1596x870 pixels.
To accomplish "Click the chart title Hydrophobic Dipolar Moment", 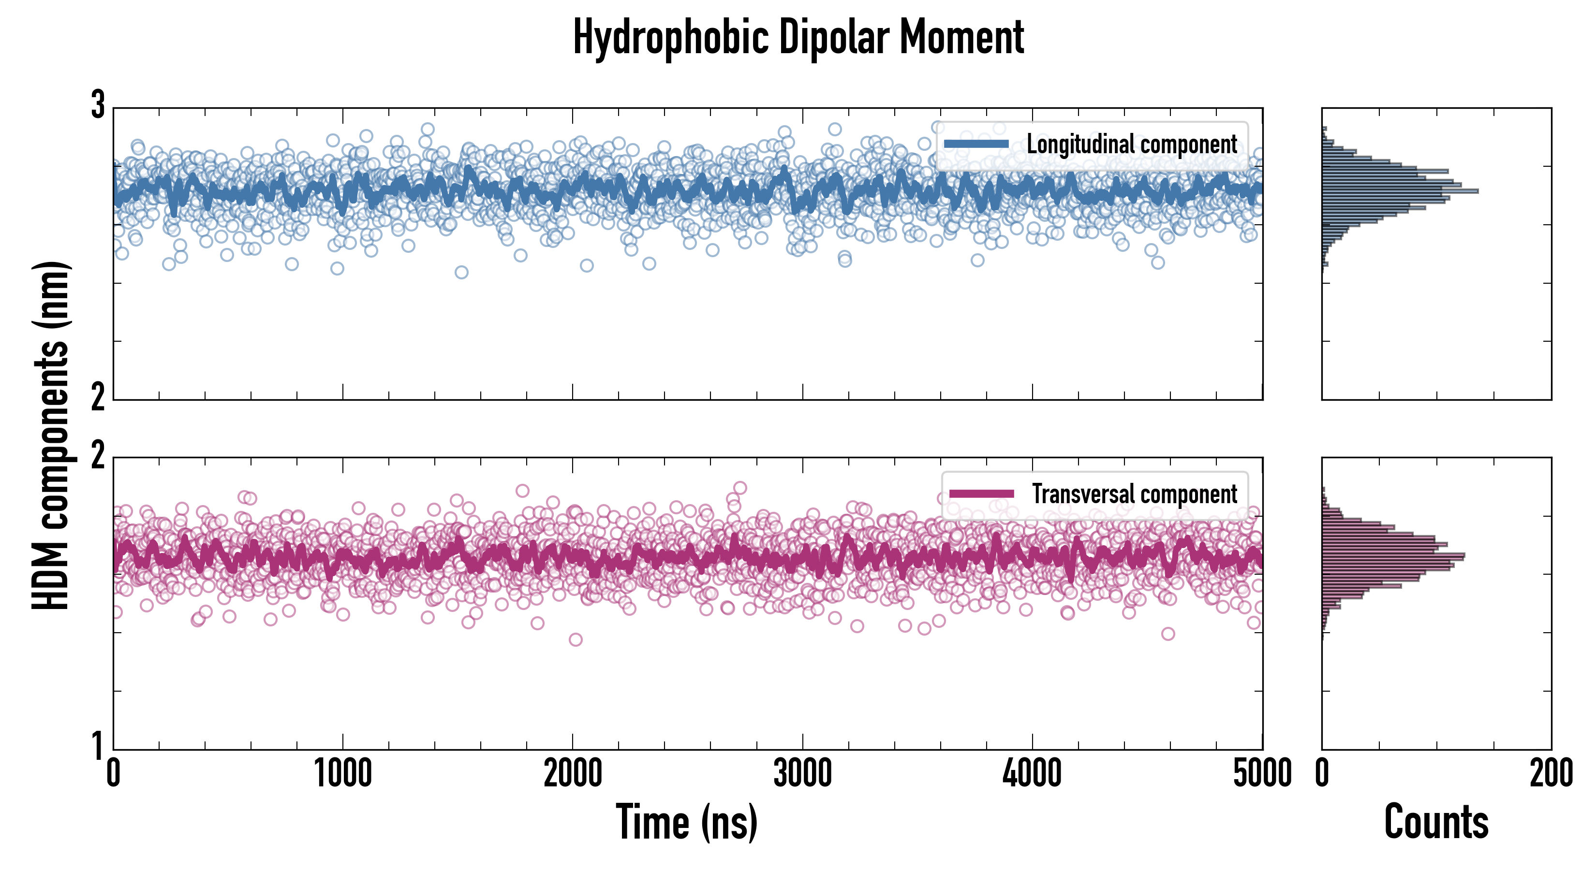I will [798, 37].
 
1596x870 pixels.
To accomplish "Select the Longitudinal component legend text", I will [1132, 145].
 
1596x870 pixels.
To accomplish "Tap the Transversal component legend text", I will [1135, 494].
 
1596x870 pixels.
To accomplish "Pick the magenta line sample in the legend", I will [981, 494].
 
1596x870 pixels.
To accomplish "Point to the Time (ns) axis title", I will [686, 822].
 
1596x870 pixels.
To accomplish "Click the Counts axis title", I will [1436, 822].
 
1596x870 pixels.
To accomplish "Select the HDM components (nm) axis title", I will [51, 436].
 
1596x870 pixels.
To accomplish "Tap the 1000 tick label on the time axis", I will [342, 774].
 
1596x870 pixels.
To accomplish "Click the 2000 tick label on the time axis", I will [573, 774].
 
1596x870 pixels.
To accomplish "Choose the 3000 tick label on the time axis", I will [802, 774].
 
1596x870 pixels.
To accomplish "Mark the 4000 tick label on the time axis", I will [1032, 774].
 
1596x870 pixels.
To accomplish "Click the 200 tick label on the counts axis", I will [1551, 774].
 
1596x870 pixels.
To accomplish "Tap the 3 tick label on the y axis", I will [98, 105].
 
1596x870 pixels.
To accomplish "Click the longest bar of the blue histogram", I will [1400, 191].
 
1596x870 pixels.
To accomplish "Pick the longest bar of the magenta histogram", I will [1393, 555].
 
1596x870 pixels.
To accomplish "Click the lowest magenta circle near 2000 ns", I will [576, 639].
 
